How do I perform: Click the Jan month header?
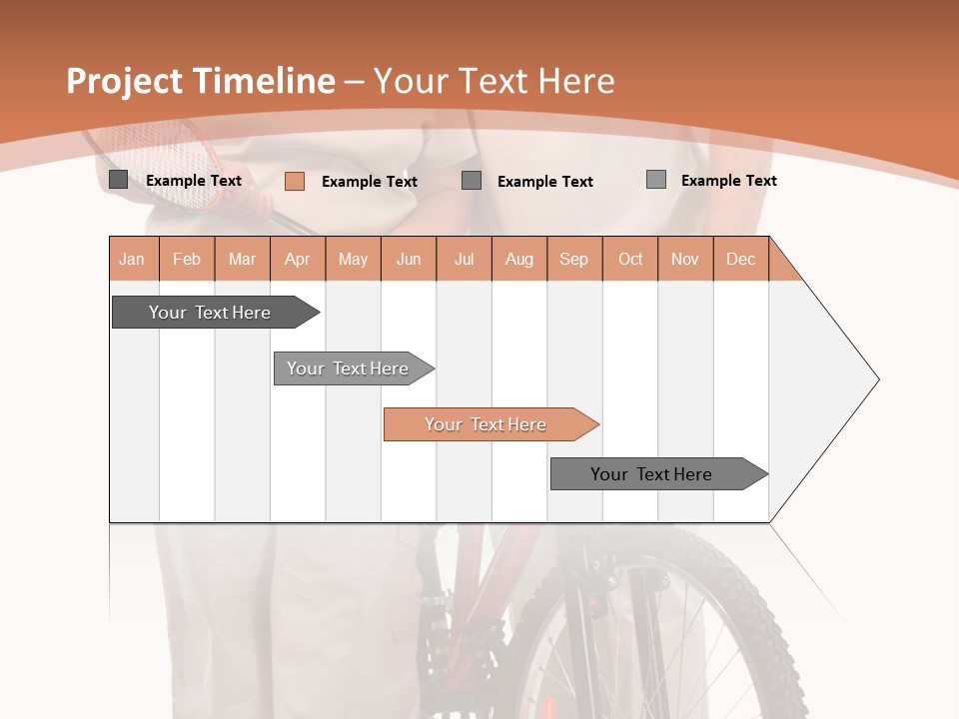(133, 259)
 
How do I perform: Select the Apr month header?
(298, 259)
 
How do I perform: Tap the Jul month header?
(464, 259)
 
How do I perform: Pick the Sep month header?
(574, 259)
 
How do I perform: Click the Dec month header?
(740, 259)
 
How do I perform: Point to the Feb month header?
(187, 259)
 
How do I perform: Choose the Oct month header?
(630, 259)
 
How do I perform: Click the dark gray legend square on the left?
(118, 180)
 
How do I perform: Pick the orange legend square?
(294, 181)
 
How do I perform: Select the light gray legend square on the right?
(655, 180)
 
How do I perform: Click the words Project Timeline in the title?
(200, 81)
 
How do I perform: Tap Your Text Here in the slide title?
(494, 81)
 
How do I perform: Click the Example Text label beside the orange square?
(370, 182)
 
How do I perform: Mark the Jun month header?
(409, 259)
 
